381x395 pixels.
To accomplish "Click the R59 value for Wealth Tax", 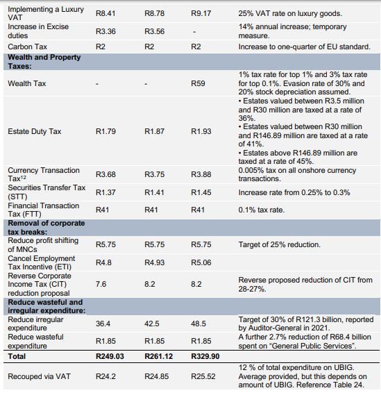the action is click(x=198, y=83).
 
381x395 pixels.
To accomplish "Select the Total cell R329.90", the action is click(x=205, y=356).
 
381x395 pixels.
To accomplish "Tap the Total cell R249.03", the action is click(x=110, y=356).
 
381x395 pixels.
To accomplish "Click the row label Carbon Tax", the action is click(x=28, y=47).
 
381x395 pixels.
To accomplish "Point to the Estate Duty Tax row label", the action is click(x=35, y=131).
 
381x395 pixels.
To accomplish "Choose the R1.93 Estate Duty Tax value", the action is click(x=201, y=131).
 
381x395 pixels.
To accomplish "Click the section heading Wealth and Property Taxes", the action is click(x=44, y=62).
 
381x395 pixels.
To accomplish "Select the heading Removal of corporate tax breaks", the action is click(x=46, y=227).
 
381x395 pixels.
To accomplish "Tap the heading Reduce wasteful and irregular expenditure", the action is click(x=46, y=306).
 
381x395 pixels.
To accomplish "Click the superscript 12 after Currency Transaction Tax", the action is click(x=24, y=177).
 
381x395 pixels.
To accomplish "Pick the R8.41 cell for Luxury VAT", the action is click(x=105, y=13).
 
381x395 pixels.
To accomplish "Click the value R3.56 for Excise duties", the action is click(x=154, y=31).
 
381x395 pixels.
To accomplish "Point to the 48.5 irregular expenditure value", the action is click(x=198, y=323).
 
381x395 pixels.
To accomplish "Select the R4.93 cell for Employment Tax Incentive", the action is click(x=154, y=262).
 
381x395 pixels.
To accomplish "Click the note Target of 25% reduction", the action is click(x=279, y=244).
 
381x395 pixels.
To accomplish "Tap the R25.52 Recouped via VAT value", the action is click(x=203, y=376).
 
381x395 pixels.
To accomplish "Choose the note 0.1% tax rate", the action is click(x=262, y=210).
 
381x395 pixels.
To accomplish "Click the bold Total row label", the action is click(x=17, y=356).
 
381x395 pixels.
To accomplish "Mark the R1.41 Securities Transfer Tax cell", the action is click(x=154, y=192).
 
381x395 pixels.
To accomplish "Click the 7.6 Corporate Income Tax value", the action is click(x=101, y=284).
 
